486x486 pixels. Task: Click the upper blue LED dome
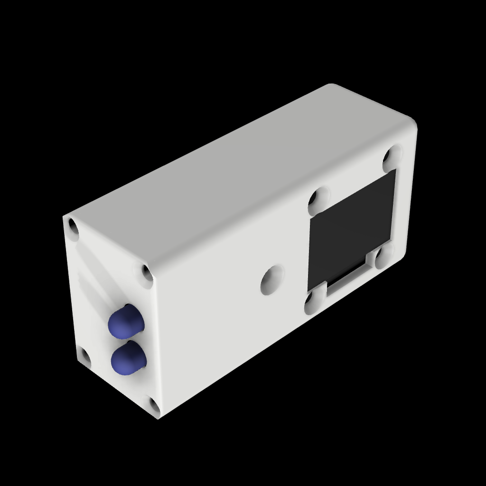pyautogui.click(x=125, y=322)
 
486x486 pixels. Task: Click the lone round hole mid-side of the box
pyautogui.click(x=271, y=280)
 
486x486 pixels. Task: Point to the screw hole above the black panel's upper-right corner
pyautogui.click(x=392, y=156)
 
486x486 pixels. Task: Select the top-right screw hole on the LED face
pyautogui.click(x=147, y=274)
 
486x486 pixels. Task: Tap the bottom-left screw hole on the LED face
pyautogui.click(x=85, y=357)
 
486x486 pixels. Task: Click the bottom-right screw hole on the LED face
pyautogui.click(x=154, y=405)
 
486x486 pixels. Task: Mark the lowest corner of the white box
pyautogui.click(x=158, y=418)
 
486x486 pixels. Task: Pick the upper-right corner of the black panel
pyautogui.click(x=394, y=170)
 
